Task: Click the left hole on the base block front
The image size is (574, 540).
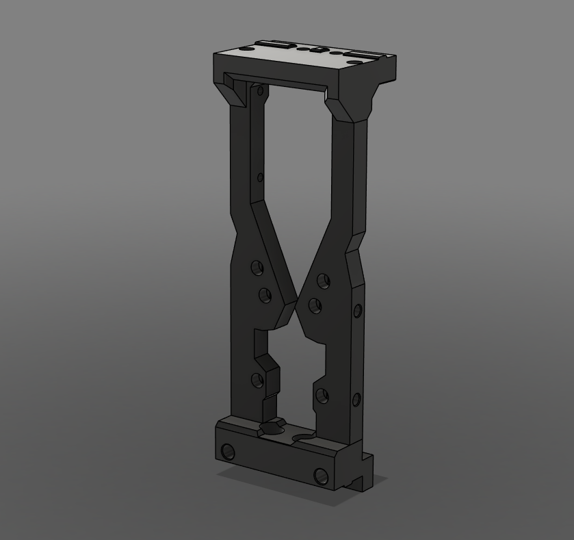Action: (228, 452)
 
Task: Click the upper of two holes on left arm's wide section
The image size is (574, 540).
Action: (257, 268)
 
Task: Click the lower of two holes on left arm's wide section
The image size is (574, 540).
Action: (264, 296)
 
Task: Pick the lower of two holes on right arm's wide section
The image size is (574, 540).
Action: (315, 305)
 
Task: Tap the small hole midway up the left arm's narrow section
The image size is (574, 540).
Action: (260, 178)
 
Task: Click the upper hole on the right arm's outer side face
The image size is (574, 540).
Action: (357, 312)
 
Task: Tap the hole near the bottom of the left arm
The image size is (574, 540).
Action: (257, 381)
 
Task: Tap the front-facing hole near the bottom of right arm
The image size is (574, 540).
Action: (321, 395)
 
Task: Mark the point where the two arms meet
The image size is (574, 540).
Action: (296, 307)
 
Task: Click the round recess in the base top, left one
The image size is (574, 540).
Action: (272, 429)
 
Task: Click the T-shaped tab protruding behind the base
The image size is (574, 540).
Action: (362, 474)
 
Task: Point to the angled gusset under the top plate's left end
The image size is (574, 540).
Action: (233, 91)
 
